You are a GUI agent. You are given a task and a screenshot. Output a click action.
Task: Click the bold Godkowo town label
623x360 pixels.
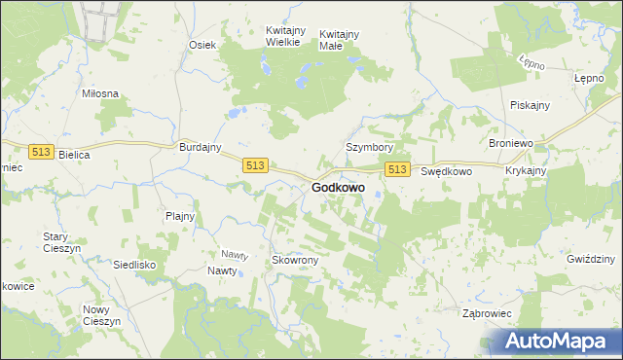click(x=339, y=187)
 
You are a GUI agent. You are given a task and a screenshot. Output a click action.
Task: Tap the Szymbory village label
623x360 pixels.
click(x=369, y=147)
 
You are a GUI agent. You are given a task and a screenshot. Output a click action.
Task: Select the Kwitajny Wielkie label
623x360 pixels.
click(x=288, y=38)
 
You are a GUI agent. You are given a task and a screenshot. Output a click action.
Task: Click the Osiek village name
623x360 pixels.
click(x=202, y=45)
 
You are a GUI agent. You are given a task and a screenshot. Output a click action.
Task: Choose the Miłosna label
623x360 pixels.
click(x=100, y=93)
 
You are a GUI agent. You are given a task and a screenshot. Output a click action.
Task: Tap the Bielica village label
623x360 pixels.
click(x=74, y=155)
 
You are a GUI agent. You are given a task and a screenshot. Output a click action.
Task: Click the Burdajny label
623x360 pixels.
click(x=201, y=147)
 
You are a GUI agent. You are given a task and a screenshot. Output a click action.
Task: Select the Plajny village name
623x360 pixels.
click(x=180, y=216)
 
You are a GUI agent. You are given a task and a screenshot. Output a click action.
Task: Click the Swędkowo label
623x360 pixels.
click(x=446, y=171)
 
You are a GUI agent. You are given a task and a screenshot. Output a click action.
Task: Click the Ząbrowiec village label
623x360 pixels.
click(x=487, y=313)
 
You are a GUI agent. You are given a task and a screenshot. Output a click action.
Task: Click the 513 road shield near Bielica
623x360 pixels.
click(x=40, y=152)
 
